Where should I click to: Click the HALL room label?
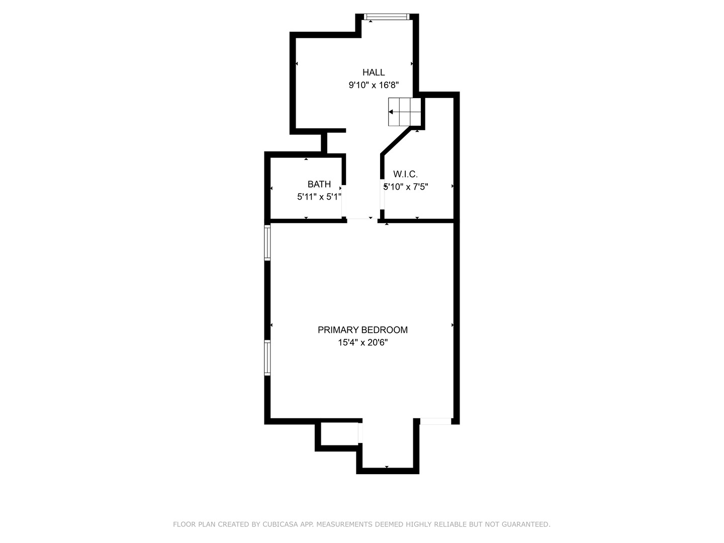[374, 72]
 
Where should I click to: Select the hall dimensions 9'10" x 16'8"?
[374, 85]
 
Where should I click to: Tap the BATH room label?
[319, 184]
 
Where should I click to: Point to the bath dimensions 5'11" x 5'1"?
[319, 197]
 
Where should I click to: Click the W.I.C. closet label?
[405, 174]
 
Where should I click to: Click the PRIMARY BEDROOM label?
[363, 330]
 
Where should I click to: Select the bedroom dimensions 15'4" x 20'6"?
[363, 343]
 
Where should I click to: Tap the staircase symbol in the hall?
[404, 112]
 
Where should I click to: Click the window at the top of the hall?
[387, 17]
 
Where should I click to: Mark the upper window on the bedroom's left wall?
[267, 242]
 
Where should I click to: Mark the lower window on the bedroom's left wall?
[267, 357]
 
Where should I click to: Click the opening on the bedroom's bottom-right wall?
[435, 421]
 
